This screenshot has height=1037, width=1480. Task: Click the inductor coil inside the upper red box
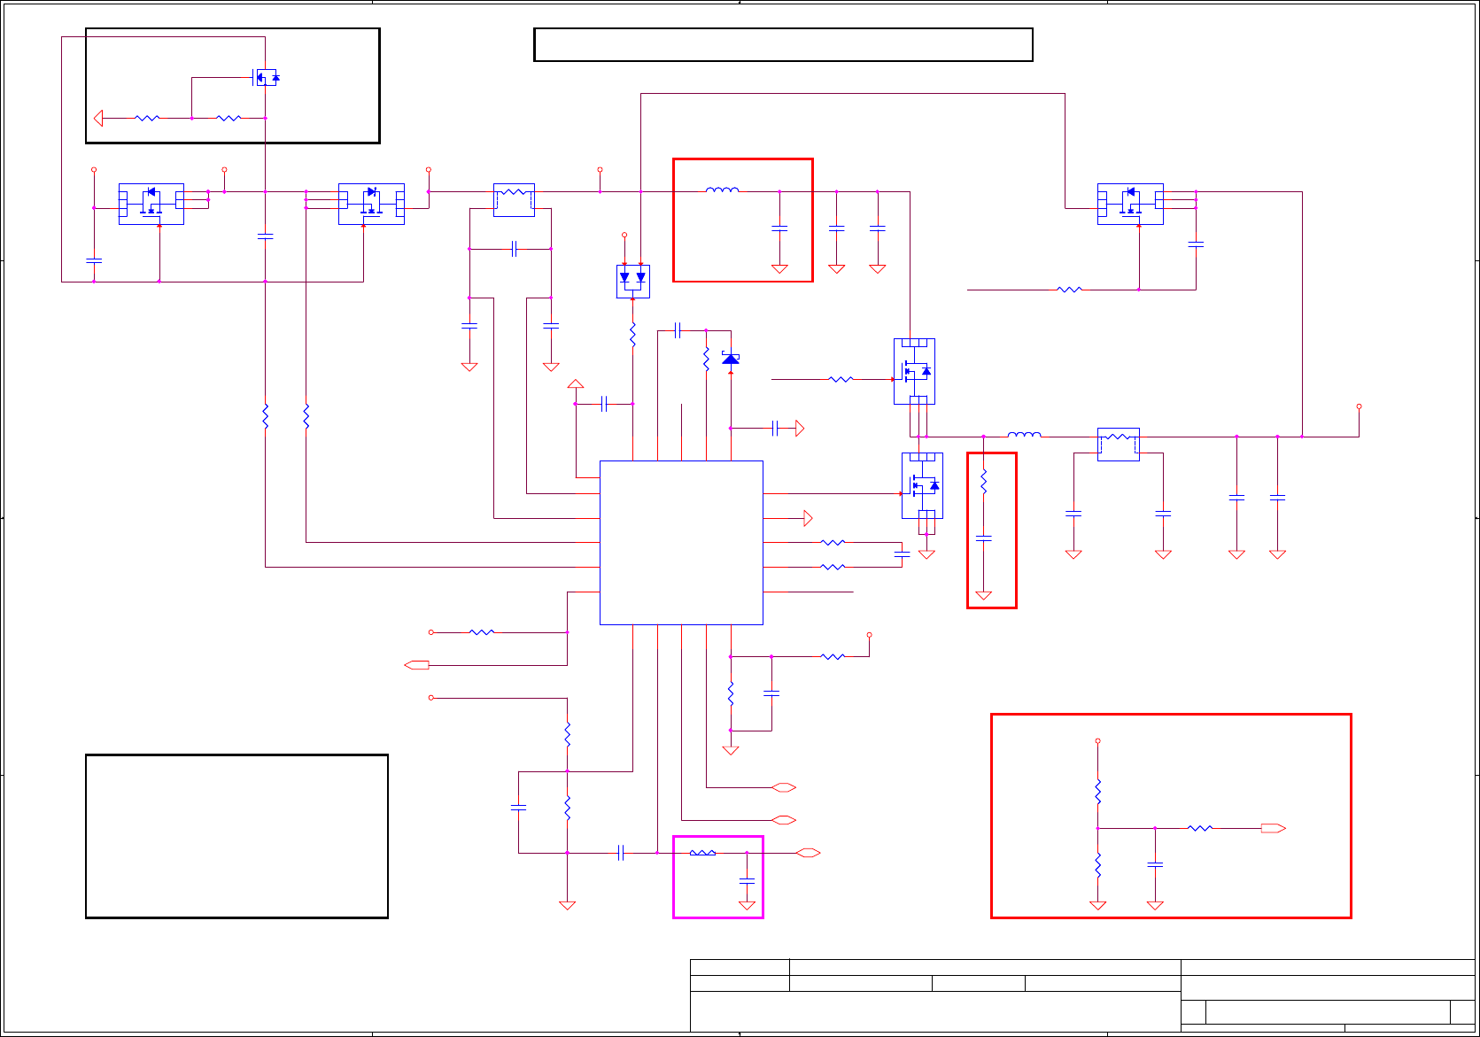pos(722,190)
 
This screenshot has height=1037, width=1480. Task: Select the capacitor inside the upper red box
pos(779,228)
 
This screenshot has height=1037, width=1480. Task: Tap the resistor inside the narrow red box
pos(983,483)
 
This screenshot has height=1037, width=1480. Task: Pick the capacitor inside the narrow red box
pos(983,538)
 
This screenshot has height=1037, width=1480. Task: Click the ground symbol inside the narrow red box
pos(983,595)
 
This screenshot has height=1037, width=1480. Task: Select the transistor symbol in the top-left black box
pos(266,78)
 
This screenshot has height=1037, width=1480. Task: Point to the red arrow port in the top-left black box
pos(98,118)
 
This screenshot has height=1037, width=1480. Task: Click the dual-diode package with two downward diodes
pos(632,281)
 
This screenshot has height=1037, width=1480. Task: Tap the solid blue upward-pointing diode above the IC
pos(731,359)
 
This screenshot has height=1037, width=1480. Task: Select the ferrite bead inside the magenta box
pos(702,853)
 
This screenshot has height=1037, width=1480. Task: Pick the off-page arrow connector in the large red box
pos(1273,828)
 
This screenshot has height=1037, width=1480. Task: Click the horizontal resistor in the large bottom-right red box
pos(1200,828)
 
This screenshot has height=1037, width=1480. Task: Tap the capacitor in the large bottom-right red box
pos(1155,863)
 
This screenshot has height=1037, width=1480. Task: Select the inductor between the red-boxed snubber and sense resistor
pos(1024,435)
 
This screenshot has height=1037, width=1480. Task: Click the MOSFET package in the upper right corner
pos(1130,204)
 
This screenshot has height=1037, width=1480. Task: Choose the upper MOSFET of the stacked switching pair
pos(914,371)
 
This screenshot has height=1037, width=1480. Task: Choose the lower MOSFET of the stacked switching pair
pos(922,485)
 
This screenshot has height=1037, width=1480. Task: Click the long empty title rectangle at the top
pos(783,44)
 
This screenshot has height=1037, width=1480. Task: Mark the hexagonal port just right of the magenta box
pos(808,853)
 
